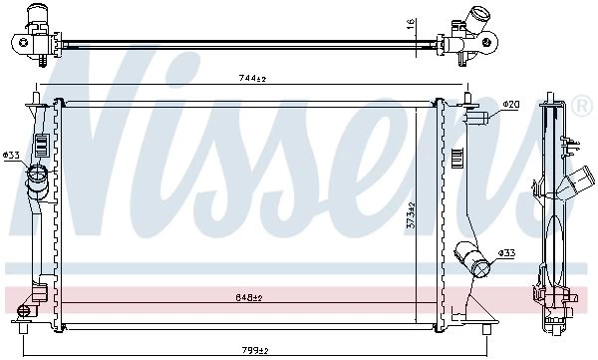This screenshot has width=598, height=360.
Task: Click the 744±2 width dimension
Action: click(252, 78)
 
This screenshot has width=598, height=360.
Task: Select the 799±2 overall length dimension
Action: click(255, 350)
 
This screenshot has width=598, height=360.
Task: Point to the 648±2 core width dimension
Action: click(248, 297)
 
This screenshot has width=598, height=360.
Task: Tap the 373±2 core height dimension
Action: click(411, 215)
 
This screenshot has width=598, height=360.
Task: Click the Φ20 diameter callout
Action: click(510, 105)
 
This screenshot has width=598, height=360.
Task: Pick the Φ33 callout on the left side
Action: click(11, 156)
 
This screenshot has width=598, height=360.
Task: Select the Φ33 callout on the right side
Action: click(507, 253)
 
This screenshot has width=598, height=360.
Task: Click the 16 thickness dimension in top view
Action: click(411, 24)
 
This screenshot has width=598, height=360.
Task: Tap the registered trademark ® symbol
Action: click(582, 107)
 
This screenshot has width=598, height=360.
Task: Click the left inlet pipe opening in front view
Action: click(38, 173)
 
